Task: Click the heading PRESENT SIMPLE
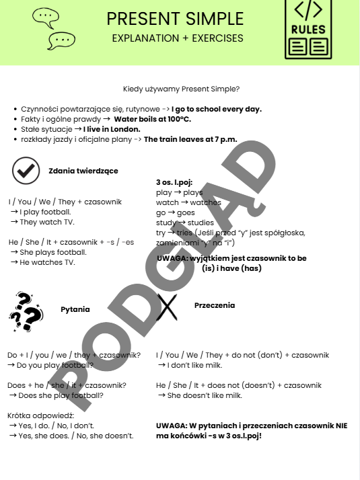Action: coord(175,18)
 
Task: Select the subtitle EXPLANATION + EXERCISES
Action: coord(178,38)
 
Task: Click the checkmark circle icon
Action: coord(25,171)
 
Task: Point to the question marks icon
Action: coord(26,312)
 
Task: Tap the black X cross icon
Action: coord(166,307)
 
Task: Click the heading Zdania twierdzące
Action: coord(83,171)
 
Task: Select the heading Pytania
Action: coord(75,309)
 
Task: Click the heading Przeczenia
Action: coord(215,305)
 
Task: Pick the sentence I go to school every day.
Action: coord(217,109)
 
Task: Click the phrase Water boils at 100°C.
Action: coord(152,119)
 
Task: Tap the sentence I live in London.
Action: coord(112,129)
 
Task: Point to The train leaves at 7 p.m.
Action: coord(190,139)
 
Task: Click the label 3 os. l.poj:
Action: coord(174,182)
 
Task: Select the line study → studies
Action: coord(184,223)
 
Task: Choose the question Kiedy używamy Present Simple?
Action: coord(182,89)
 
